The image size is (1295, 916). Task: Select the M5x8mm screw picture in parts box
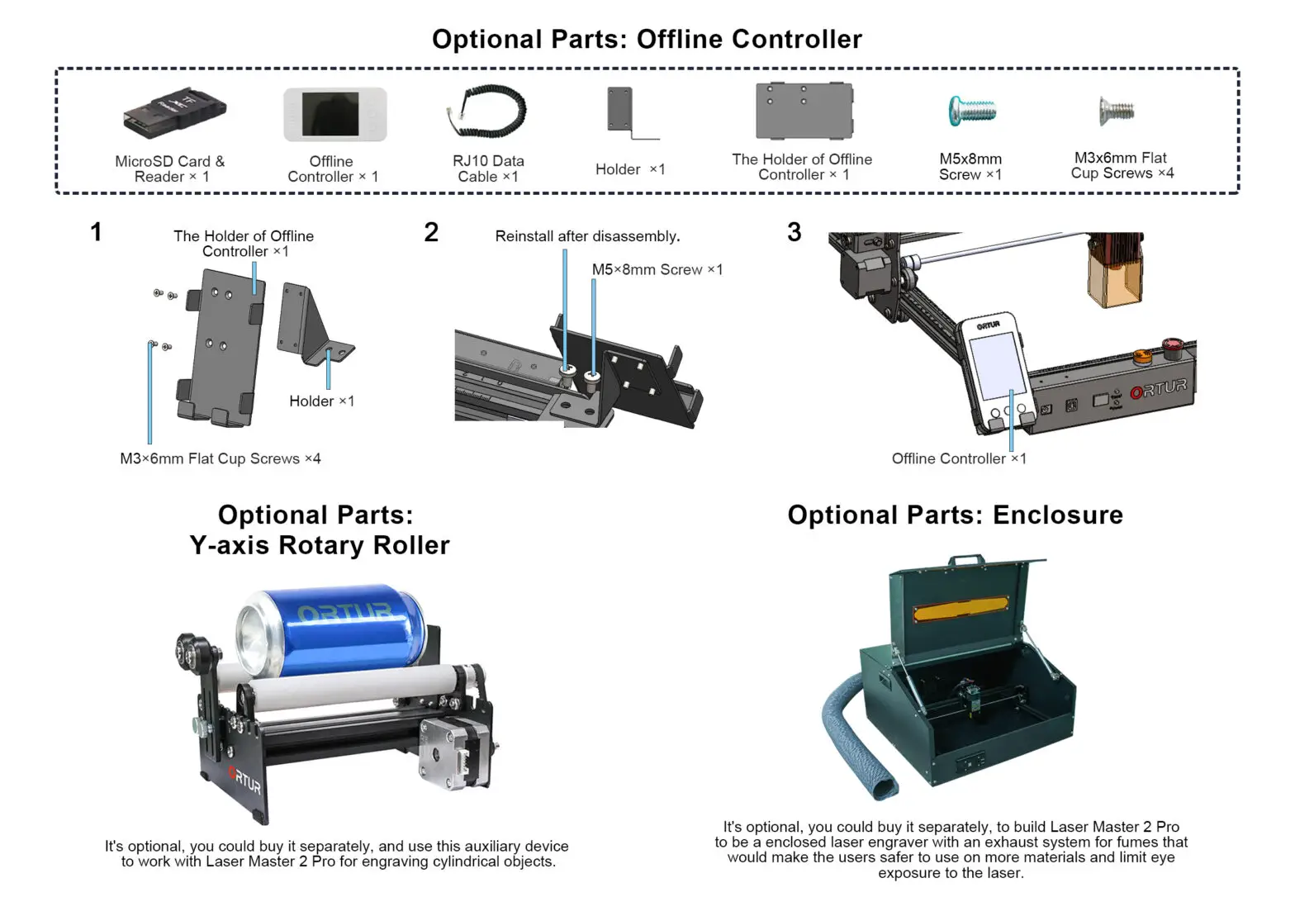click(x=972, y=111)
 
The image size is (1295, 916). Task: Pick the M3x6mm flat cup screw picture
click(x=1117, y=111)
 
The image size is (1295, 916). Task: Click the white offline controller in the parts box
click(x=334, y=115)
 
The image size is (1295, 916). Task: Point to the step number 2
click(x=431, y=233)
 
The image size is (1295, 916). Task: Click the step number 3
click(x=794, y=233)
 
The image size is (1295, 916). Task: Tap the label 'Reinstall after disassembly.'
click(x=587, y=236)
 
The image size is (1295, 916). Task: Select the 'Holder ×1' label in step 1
click(x=321, y=401)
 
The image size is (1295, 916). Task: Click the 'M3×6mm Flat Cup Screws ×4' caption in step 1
click(x=220, y=459)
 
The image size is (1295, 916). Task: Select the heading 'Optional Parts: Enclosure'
click(x=955, y=515)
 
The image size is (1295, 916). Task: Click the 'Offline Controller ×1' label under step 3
click(x=958, y=459)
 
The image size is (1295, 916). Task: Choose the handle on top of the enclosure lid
click(x=965, y=561)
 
